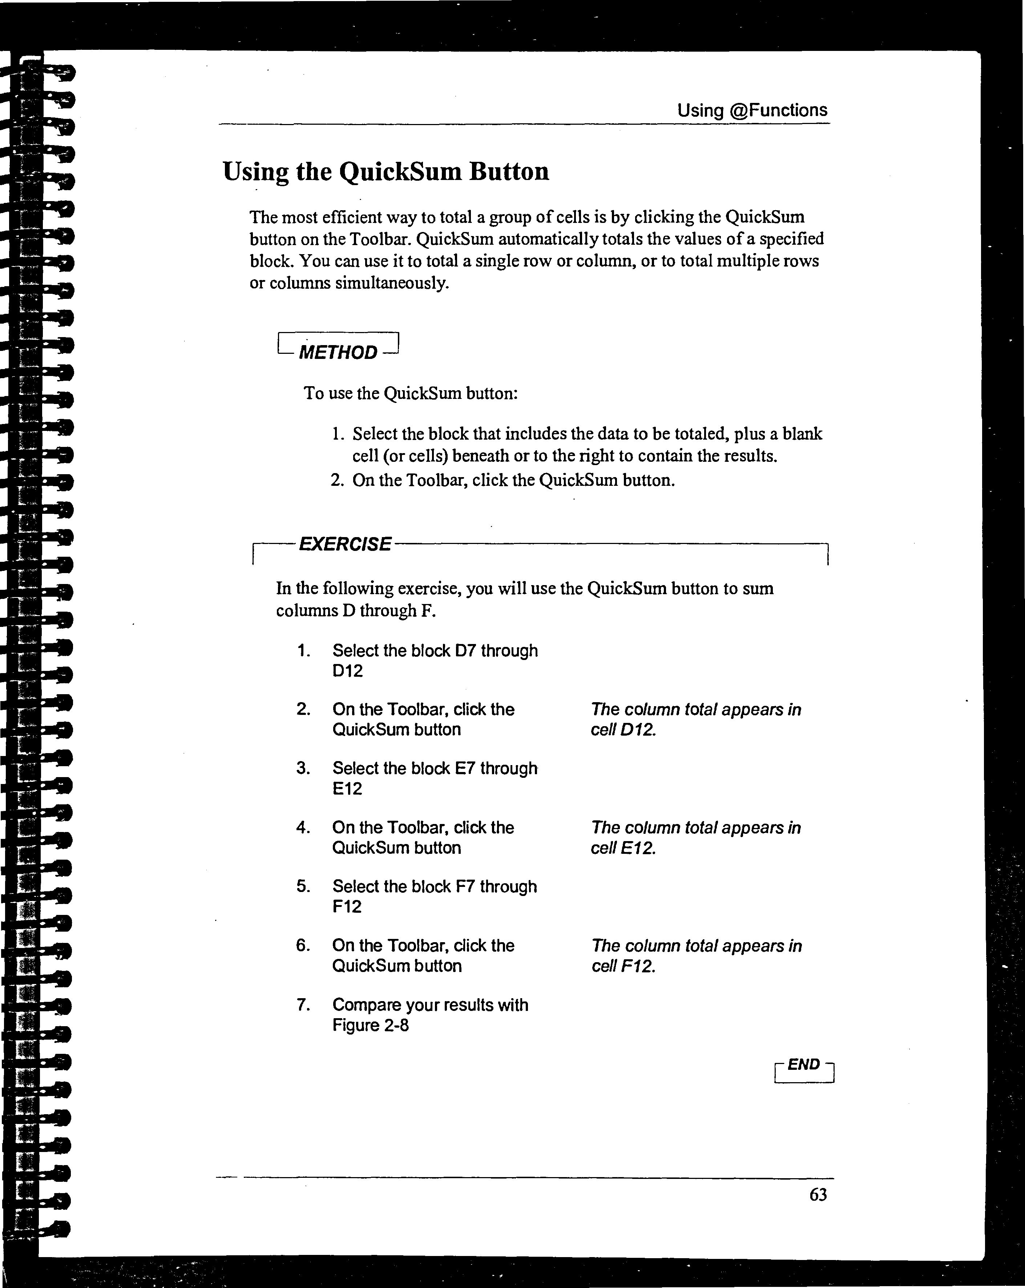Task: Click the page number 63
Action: click(818, 1195)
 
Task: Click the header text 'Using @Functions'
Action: click(752, 111)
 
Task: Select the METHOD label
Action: click(338, 352)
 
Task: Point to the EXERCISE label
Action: click(345, 544)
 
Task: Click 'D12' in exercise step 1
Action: click(347, 671)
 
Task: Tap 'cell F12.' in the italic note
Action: click(623, 966)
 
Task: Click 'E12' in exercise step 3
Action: click(347, 789)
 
